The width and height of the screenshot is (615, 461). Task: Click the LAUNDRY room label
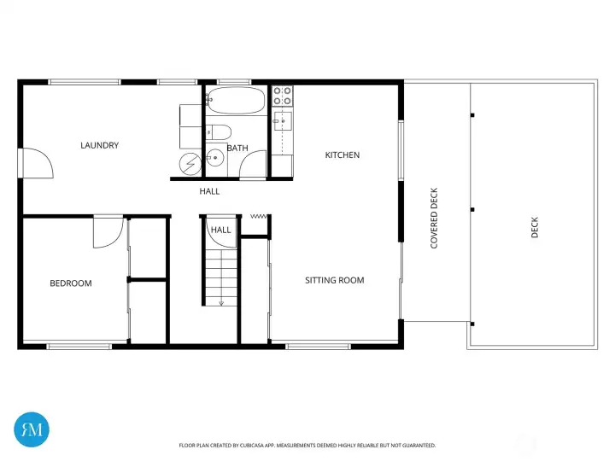[99, 145]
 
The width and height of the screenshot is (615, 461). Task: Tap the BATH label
[237, 149]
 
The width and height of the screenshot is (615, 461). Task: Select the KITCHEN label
[343, 155]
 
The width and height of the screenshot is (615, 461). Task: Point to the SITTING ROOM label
[335, 280]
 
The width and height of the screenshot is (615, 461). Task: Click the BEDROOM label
[70, 283]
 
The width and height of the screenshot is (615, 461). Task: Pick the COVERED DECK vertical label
[434, 219]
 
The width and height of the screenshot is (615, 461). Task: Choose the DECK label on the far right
[536, 227]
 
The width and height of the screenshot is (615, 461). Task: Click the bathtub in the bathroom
[236, 101]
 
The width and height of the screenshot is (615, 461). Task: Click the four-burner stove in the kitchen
[282, 96]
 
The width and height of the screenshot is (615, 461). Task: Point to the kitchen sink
[282, 122]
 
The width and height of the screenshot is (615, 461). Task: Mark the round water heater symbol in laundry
[190, 163]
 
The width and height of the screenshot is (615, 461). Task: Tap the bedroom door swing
[108, 232]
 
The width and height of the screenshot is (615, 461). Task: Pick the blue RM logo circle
[32, 429]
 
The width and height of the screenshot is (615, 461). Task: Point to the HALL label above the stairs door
[221, 230]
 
